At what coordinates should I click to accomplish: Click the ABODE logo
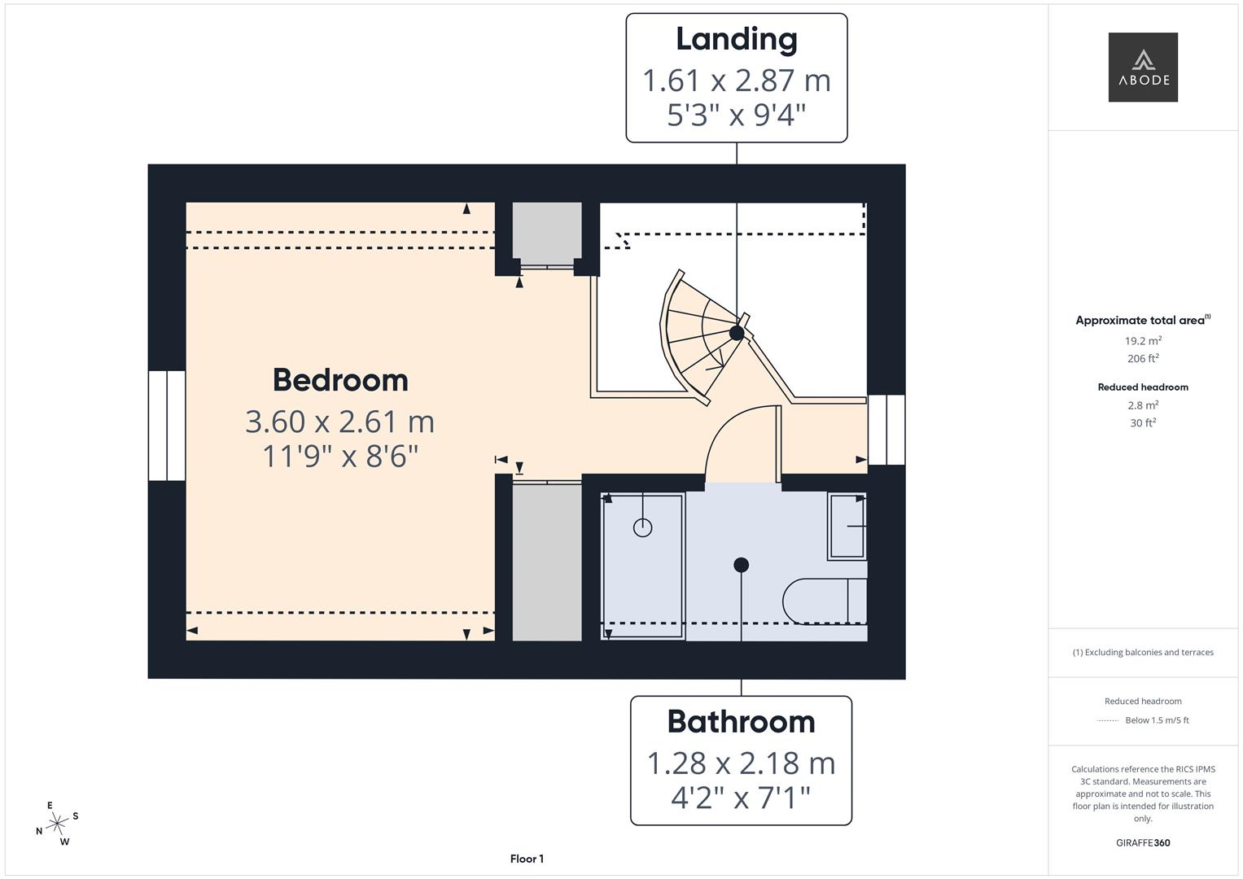(1142, 68)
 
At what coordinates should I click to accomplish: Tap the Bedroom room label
(340, 380)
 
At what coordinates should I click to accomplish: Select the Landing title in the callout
(736, 39)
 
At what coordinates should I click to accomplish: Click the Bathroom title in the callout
(741, 722)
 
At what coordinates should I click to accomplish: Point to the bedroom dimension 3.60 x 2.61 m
(340, 422)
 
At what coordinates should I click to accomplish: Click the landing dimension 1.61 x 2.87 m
(736, 81)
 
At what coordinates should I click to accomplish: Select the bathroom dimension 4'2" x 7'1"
(741, 798)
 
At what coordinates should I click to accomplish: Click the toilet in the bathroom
(822, 601)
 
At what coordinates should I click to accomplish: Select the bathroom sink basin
(847, 526)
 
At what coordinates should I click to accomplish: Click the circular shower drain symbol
(642, 528)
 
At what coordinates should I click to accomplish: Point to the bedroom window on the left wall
(167, 426)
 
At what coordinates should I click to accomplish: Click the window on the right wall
(886, 430)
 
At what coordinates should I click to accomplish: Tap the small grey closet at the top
(546, 232)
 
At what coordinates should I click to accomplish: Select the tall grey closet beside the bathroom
(546, 562)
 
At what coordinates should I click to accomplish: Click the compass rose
(57, 824)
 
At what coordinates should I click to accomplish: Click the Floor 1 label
(527, 859)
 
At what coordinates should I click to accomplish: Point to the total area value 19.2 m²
(1142, 341)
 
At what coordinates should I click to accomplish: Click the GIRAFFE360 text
(1142, 842)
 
